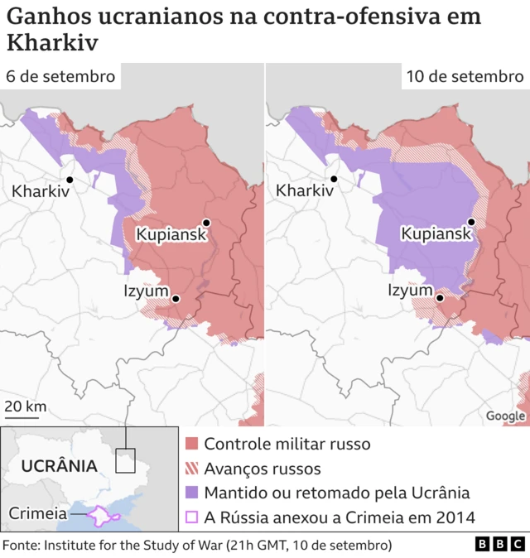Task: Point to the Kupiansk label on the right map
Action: coord(436,234)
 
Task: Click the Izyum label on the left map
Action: coord(146,291)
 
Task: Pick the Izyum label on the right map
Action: coord(410,291)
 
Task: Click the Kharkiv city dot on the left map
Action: coord(70,180)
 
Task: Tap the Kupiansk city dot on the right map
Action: coord(471,222)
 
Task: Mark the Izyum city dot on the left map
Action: coord(176,298)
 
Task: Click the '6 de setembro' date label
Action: coord(60,76)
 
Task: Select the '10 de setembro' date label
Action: coord(464,76)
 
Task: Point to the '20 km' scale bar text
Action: coord(25,406)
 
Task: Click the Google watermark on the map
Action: coord(505,416)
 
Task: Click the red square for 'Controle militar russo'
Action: coord(191,445)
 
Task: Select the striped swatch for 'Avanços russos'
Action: coord(191,469)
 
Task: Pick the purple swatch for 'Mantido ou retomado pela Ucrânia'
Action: coord(191,493)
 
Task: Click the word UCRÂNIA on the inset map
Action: coord(59,466)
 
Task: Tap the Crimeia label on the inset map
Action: coord(38,513)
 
